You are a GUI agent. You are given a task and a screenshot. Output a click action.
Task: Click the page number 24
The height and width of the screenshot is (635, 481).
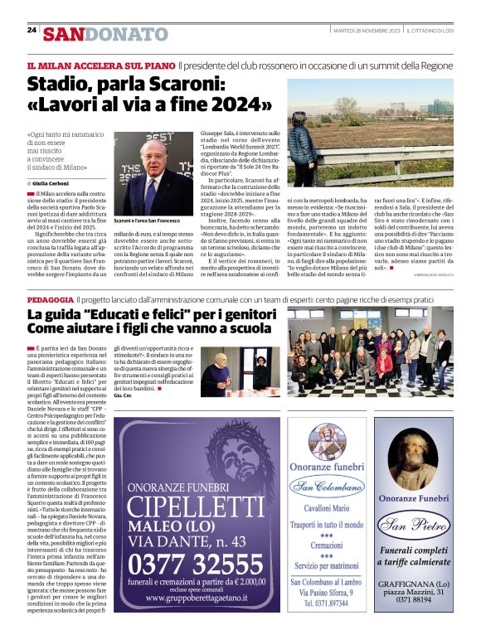click(x=32, y=30)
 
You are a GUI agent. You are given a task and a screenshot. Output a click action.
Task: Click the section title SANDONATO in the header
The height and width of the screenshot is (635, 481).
click(x=106, y=34)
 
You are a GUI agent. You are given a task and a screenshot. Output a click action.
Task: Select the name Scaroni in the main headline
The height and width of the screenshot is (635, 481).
click(x=183, y=85)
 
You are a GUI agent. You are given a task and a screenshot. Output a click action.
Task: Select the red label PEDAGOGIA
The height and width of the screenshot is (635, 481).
click(x=50, y=298)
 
